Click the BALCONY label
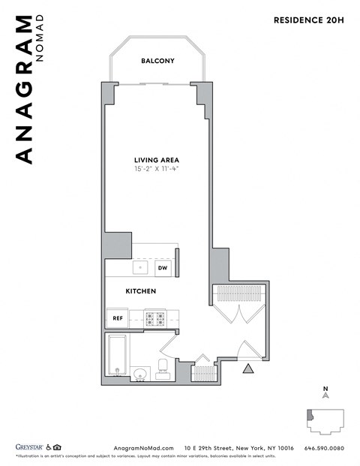coord(157,61)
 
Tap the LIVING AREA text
coord(156,160)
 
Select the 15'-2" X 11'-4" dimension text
coord(156,170)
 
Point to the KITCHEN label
coord(140,291)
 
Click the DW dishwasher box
coord(162,267)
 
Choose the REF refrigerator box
coord(117,318)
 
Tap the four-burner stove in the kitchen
coord(154,318)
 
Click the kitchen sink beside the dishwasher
coord(139,266)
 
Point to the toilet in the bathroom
coord(163,368)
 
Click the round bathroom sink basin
coord(139,373)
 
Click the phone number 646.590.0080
coord(324,446)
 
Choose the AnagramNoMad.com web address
coord(143,446)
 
